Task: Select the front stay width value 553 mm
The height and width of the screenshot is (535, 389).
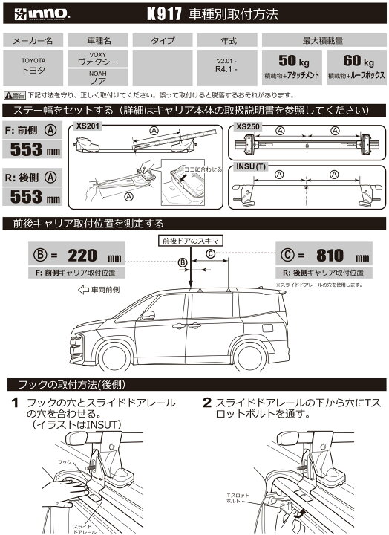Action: (x=35, y=149)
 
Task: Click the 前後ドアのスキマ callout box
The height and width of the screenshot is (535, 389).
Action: (x=189, y=241)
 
